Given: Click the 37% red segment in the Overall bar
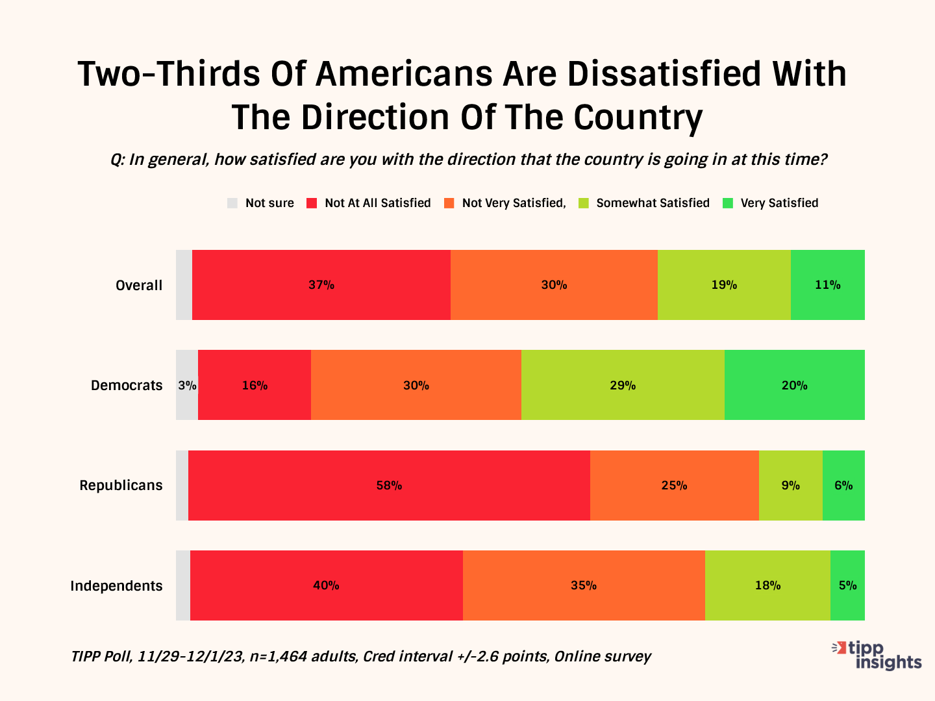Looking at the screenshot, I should pyautogui.click(x=321, y=285).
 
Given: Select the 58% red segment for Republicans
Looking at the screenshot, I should pyautogui.click(x=389, y=486).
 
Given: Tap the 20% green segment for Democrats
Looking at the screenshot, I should pyautogui.click(x=794, y=385).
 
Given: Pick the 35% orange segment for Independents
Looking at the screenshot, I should pyautogui.click(x=584, y=585).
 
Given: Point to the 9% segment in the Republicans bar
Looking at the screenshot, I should pyautogui.click(x=790, y=486).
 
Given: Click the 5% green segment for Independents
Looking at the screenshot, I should pyautogui.click(x=847, y=585).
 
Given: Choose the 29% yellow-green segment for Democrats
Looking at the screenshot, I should pyautogui.click(x=623, y=385).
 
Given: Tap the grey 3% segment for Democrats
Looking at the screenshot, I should pyautogui.click(x=187, y=385).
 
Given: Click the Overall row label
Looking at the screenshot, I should pyautogui.click(x=139, y=286).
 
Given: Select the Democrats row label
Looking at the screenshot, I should pyautogui.click(x=127, y=386).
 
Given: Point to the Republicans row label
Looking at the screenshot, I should pyautogui.click(x=121, y=486).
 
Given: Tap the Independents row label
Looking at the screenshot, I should pyautogui.click(x=116, y=586).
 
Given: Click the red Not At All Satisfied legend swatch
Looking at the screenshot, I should pyautogui.click(x=312, y=203).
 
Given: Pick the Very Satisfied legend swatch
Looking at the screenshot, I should pyautogui.click(x=728, y=203).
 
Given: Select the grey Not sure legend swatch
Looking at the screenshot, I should pyautogui.click(x=232, y=203).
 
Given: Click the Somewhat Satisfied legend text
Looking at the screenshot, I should pyautogui.click(x=653, y=203).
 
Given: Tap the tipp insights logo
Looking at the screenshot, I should pyautogui.click(x=878, y=654).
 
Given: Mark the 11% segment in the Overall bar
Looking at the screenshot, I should pyautogui.click(x=828, y=285).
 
